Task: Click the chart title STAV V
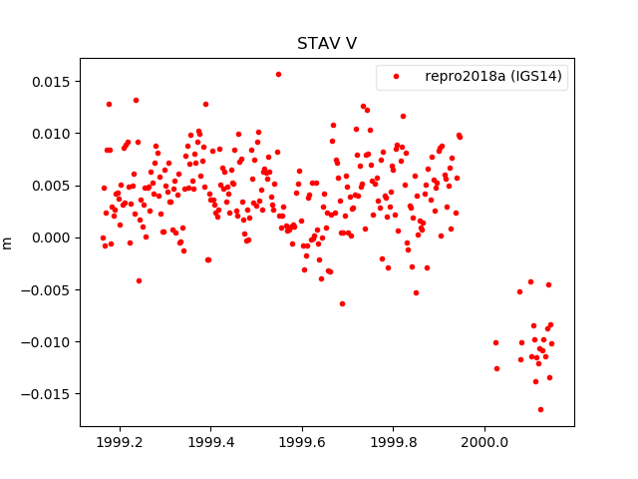(327, 44)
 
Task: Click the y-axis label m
(8, 242)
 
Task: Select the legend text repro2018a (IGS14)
(492, 77)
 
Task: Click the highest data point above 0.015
(278, 74)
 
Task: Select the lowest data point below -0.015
(540, 409)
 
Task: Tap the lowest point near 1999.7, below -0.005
(342, 303)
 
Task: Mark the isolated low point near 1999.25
(139, 280)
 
